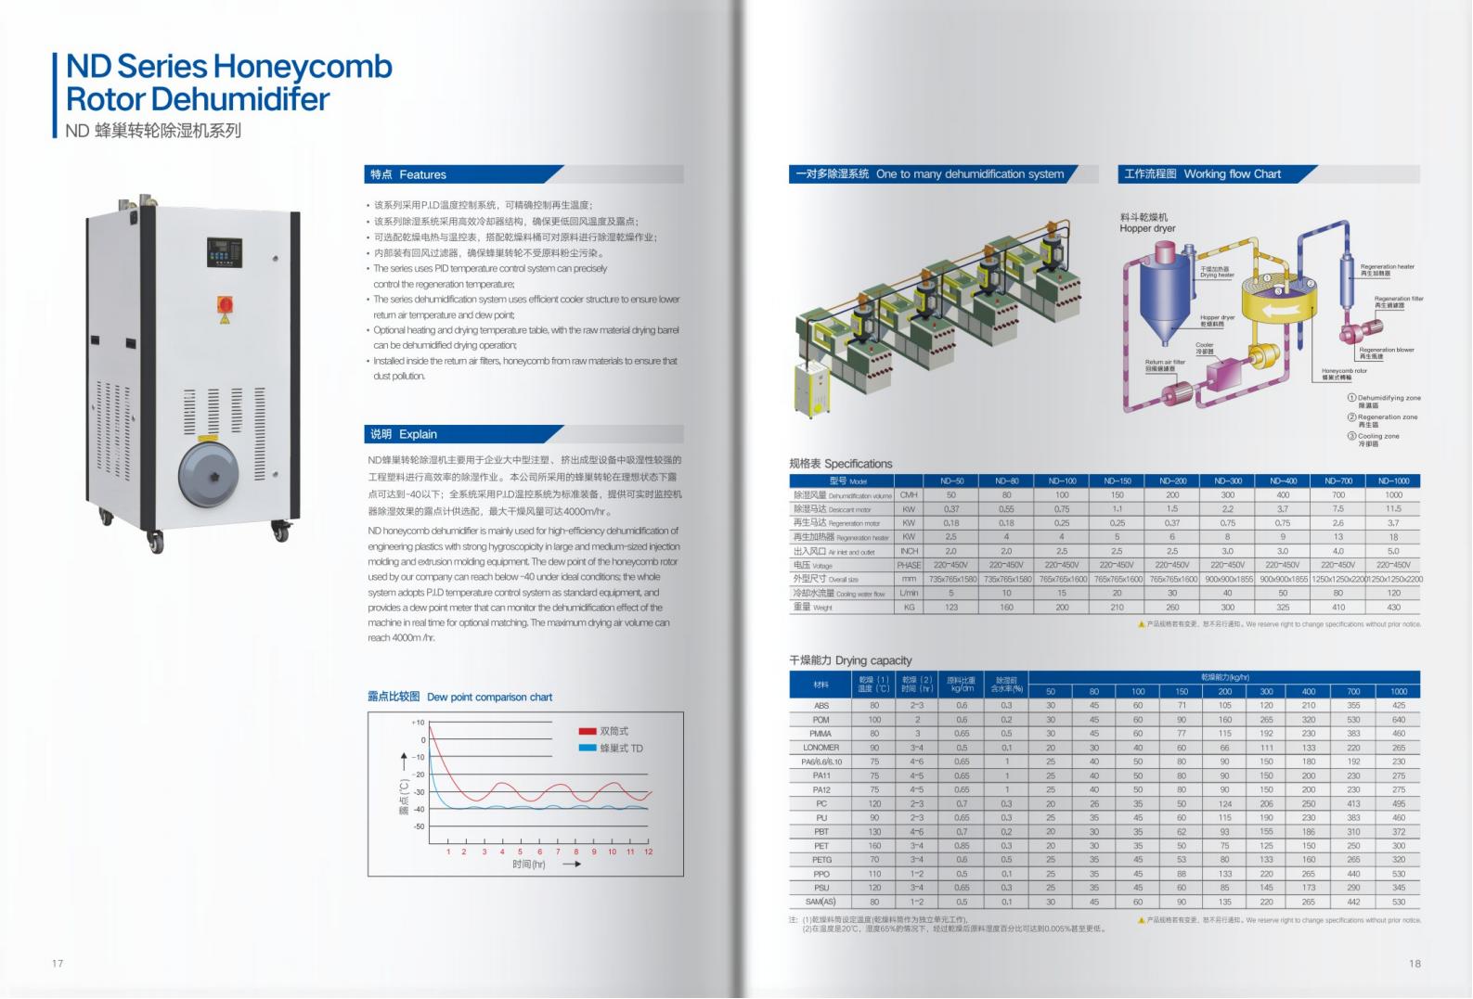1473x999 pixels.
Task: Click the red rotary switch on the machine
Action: click(x=225, y=303)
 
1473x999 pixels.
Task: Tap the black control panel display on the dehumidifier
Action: click(x=224, y=251)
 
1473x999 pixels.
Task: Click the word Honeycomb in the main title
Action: click(x=303, y=67)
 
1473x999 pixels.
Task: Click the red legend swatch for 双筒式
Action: click(x=587, y=732)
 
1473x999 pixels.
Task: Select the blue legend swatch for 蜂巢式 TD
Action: click(x=587, y=748)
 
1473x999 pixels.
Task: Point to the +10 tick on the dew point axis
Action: click(x=418, y=723)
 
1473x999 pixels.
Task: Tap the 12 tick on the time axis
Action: click(x=648, y=852)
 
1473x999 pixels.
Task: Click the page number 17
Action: click(x=58, y=963)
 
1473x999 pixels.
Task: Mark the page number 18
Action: click(x=1415, y=963)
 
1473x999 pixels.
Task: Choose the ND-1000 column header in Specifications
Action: click(x=1393, y=480)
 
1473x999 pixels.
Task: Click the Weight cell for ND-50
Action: click(x=951, y=608)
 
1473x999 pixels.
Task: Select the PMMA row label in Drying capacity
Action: click(x=820, y=734)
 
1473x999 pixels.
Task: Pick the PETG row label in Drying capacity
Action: click(x=820, y=860)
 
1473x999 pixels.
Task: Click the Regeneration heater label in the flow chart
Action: click(x=1387, y=269)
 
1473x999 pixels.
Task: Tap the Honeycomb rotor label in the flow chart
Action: click(x=1344, y=373)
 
